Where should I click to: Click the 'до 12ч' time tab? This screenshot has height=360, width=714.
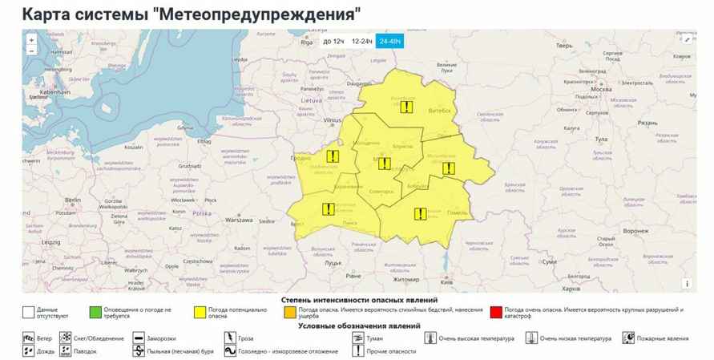point(333,41)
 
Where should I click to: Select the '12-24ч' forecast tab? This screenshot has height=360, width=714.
point(362,41)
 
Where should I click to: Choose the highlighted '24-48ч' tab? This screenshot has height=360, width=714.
point(392,41)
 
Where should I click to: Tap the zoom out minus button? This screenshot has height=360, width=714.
point(31,51)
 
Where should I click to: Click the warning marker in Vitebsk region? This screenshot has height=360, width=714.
point(408,107)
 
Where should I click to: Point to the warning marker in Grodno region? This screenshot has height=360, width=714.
point(331,156)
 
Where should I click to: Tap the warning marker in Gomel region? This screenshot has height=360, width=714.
point(420,213)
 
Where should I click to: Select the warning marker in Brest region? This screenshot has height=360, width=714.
point(328,209)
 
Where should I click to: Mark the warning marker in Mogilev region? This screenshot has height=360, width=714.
point(448,168)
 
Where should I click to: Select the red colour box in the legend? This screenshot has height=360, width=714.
point(497,310)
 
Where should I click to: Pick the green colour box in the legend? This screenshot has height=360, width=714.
point(95,310)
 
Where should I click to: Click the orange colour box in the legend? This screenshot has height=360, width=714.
point(291,310)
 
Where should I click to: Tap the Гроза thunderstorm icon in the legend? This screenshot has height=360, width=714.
point(230,338)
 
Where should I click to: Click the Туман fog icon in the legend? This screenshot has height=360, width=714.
point(357,338)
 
